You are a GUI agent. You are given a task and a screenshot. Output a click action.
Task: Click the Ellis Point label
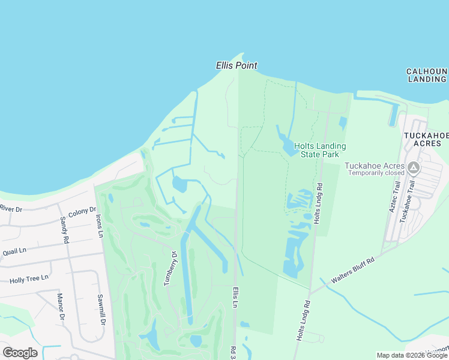click(237, 65)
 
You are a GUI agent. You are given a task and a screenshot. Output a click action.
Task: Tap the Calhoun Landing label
click(427, 75)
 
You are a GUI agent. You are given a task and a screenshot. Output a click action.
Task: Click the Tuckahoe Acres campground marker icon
click(413, 166)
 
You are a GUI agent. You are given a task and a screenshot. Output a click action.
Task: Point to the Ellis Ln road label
click(236, 298)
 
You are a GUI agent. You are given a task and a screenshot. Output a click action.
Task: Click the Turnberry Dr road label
click(172, 268)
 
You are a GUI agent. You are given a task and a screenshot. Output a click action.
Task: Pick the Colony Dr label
click(82, 212)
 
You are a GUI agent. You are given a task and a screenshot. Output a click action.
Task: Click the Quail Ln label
click(14, 251)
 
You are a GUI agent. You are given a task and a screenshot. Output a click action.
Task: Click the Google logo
click(20, 353)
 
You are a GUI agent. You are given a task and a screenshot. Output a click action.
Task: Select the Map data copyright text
click(412, 355)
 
